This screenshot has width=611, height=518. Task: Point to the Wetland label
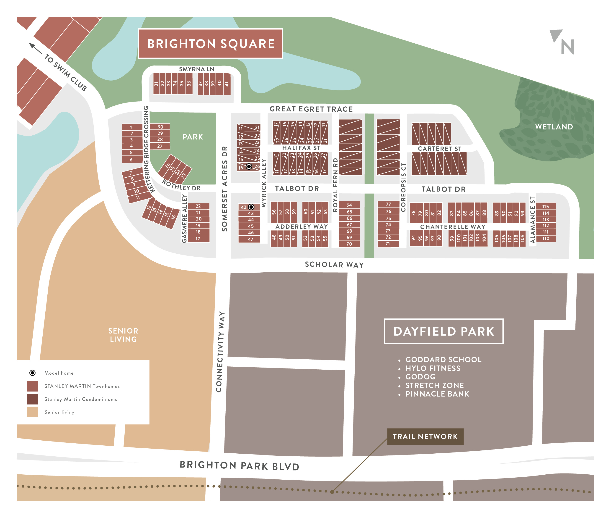[554, 127]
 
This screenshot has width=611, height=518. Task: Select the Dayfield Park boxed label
[443, 331]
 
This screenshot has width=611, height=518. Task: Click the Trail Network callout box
[425, 437]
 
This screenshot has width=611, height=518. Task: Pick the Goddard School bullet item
[443, 360]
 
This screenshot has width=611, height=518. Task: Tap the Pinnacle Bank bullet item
[437, 394]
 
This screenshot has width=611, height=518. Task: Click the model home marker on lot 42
[251, 207]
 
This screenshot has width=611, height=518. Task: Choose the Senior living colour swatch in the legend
[33, 412]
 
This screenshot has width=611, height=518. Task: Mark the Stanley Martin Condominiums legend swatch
[33, 399]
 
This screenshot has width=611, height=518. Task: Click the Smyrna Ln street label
[196, 69]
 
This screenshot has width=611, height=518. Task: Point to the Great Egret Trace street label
[311, 109]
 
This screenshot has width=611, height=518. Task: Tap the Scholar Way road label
[334, 265]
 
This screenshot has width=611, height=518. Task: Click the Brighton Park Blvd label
[239, 466]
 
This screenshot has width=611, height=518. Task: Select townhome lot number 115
[545, 206]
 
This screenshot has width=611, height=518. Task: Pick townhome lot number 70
[349, 244]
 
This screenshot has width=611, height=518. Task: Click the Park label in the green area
[193, 137]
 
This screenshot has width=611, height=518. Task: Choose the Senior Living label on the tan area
[123, 335]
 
